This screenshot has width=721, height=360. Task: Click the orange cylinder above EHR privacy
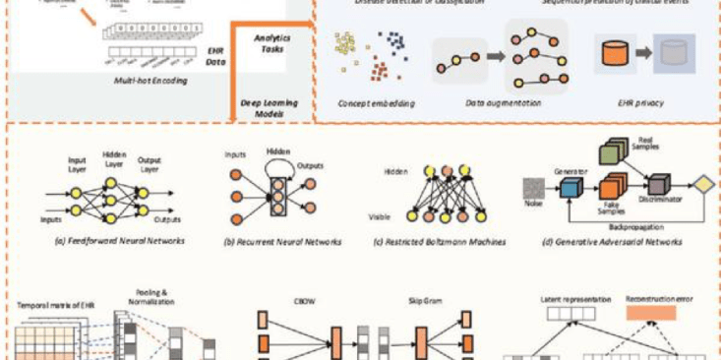[x=616, y=52]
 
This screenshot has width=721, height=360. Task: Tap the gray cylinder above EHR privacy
[x=676, y=53]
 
